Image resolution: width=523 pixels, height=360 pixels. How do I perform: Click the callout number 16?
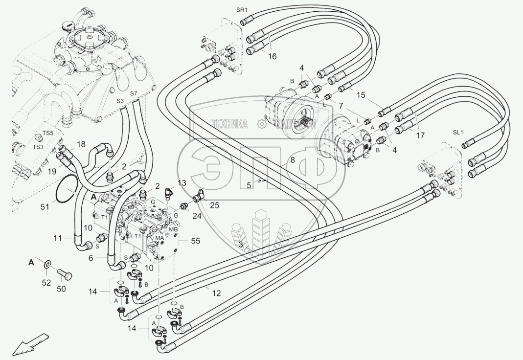click(272, 56)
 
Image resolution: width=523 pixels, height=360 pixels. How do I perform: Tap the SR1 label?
click(242, 10)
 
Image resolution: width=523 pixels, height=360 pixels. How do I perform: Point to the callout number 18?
click(81, 145)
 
